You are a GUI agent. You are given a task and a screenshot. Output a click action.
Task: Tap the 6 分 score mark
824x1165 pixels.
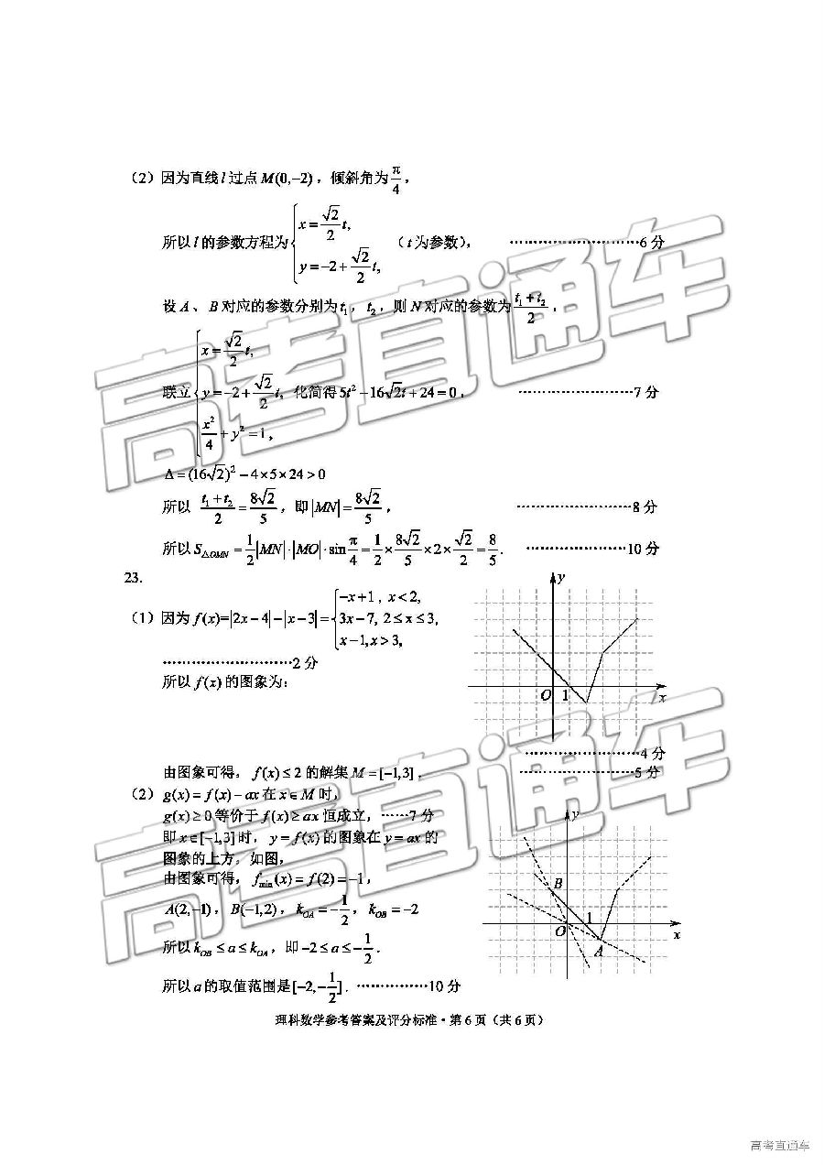648,243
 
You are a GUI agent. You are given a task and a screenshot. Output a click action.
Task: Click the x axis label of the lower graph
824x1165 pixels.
677,935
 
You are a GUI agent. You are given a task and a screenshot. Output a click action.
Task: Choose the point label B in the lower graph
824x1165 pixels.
558,883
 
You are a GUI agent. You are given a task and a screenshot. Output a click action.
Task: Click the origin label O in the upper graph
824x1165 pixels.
545,695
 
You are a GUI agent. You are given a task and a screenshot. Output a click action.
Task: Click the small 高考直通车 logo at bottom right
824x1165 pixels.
779,1145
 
